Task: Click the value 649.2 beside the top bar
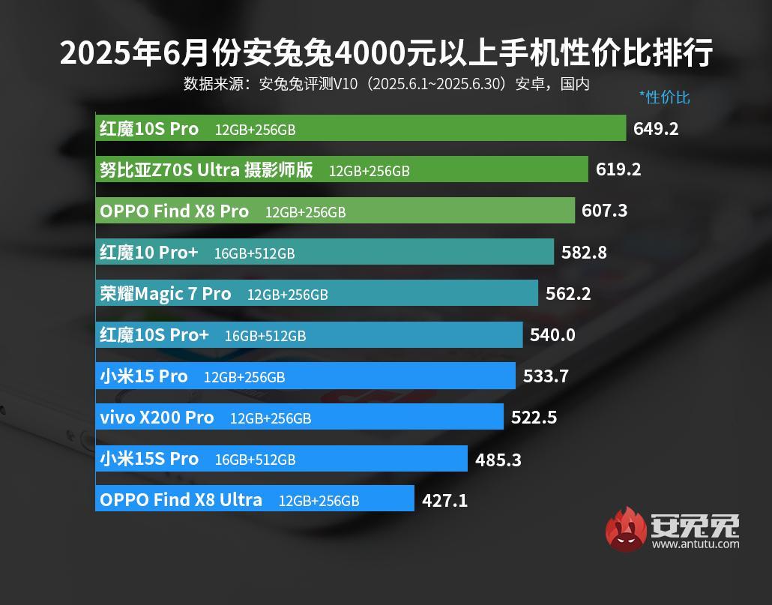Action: (x=655, y=128)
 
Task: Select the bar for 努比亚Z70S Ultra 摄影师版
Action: (x=342, y=169)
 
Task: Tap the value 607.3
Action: (x=604, y=211)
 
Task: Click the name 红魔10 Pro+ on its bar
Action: (x=149, y=253)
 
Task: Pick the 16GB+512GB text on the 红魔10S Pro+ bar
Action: (x=265, y=336)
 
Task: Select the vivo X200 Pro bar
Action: (x=300, y=417)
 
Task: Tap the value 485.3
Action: (x=498, y=459)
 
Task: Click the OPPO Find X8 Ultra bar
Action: (x=255, y=499)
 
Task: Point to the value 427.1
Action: (x=444, y=500)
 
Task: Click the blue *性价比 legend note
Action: (x=664, y=97)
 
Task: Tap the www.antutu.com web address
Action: (x=695, y=544)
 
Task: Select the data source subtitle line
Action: (x=386, y=83)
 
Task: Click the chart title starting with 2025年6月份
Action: (x=386, y=54)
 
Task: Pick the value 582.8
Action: (x=584, y=252)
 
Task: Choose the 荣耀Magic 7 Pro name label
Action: (x=166, y=294)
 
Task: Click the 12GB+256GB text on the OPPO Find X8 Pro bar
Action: (x=305, y=212)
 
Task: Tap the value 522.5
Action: (x=534, y=418)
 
